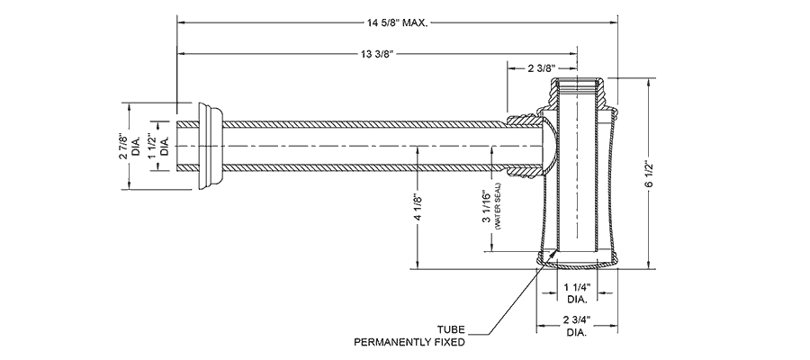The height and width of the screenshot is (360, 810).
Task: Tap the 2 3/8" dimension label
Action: [x=536, y=67]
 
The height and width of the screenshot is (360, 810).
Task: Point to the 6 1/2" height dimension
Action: [x=648, y=173]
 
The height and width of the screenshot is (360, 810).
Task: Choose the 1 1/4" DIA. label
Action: [x=576, y=292]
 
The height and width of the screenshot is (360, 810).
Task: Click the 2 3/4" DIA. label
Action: [x=576, y=327]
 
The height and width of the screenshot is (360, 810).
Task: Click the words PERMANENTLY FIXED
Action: [x=409, y=342]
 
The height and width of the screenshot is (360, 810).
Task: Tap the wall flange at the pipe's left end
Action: [x=208, y=146]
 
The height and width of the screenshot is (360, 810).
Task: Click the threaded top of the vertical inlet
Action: [x=580, y=88]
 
